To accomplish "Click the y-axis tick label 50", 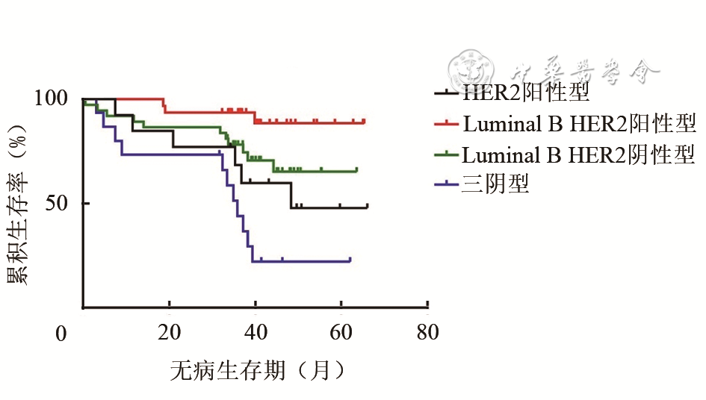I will [60, 203].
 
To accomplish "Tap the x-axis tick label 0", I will [62, 334].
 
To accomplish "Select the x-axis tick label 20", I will [169, 334].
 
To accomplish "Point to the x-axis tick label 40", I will [256, 334].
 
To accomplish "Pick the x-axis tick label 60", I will [341, 334].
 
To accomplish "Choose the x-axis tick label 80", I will [427, 334].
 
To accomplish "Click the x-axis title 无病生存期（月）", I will [258, 370].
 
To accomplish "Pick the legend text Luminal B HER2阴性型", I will [579, 154].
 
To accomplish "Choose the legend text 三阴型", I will [495, 184].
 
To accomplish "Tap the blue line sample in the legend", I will [447, 184].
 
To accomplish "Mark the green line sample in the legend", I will [447, 154].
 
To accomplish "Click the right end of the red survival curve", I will [365, 121].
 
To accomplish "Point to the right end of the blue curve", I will [350, 260].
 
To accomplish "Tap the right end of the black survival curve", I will [368, 207].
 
